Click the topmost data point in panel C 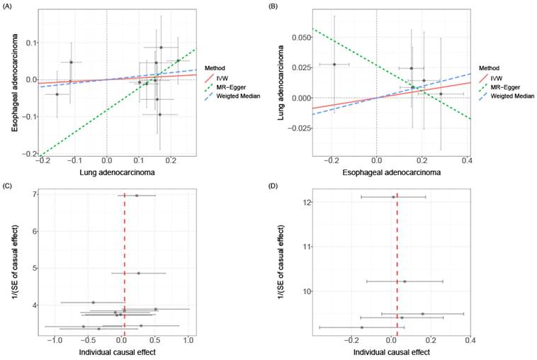137,195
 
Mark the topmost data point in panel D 394,197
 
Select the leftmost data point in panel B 334,64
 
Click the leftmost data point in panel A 57,94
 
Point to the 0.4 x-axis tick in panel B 468,161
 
